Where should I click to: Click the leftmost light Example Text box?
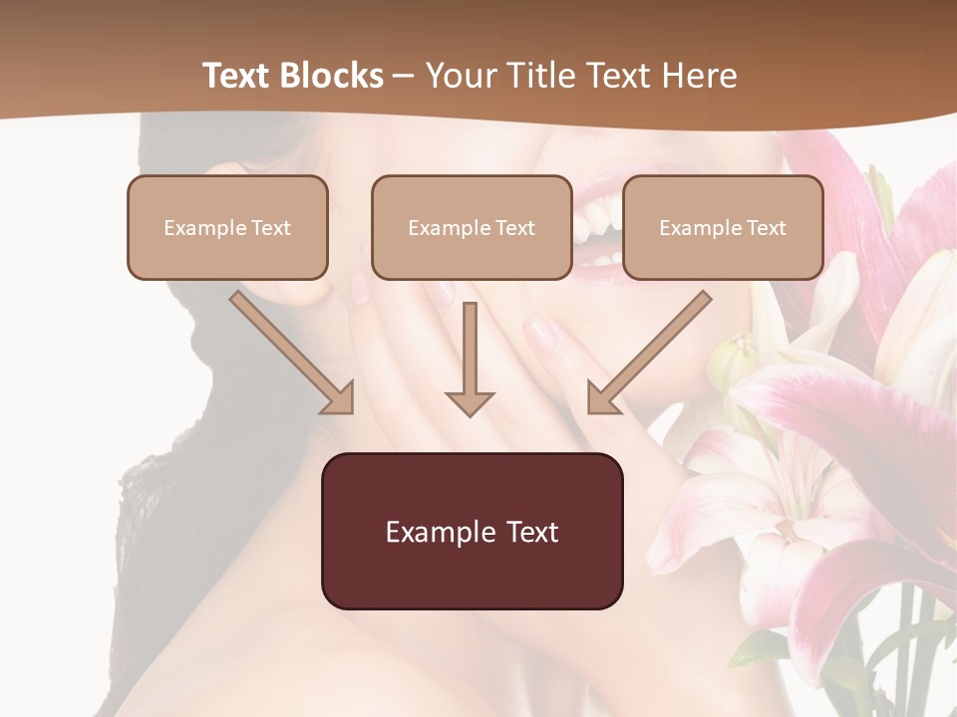point(227,227)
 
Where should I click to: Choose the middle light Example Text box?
point(472,227)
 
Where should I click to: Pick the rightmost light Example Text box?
point(723,227)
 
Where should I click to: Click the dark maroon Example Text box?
point(472,531)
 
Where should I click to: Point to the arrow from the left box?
point(293,354)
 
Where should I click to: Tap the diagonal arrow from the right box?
point(648,354)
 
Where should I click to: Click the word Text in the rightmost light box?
point(766,228)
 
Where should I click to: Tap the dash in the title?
point(404,76)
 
